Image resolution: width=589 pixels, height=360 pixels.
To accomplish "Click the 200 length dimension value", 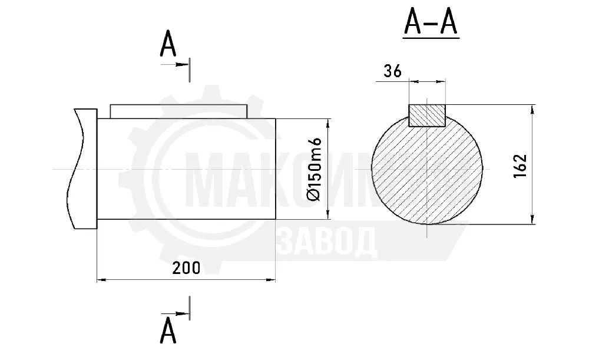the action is point(186,268).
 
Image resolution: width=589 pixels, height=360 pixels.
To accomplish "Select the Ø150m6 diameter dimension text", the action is point(314,169).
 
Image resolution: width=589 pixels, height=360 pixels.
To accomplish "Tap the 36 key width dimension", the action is point(392,71).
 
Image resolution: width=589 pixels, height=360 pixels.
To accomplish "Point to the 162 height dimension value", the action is point(520,166).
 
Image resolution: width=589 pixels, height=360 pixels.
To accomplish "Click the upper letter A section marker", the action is point(168,44).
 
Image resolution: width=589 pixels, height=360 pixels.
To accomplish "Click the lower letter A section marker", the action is point(168,330).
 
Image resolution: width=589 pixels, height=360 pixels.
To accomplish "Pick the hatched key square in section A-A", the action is point(426,115).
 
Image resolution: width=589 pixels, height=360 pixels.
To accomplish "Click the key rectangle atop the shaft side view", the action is point(178,111).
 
